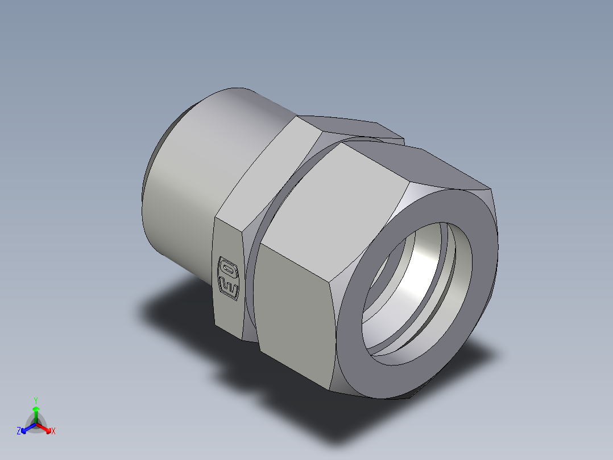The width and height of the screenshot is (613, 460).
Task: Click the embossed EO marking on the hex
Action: click(228, 278)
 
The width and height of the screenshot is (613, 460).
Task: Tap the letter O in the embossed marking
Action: click(229, 268)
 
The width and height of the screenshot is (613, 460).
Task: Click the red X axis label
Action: click(53, 432)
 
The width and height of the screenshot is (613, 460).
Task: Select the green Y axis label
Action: click(35, 400)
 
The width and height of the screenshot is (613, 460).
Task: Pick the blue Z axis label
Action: click(19, 432)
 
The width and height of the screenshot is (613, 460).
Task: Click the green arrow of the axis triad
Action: click(36, 411)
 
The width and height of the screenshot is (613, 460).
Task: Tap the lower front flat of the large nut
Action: click(296, 319)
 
